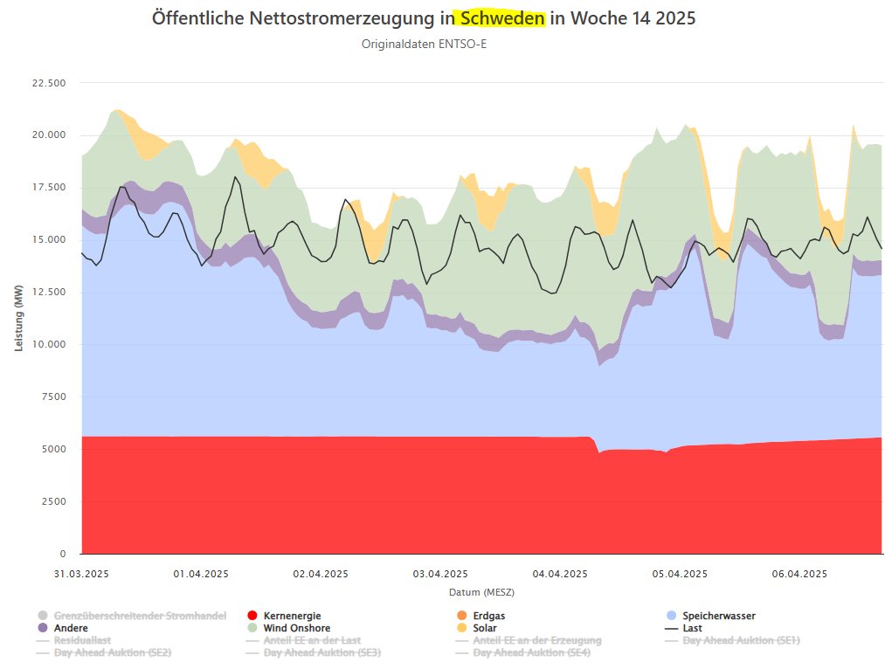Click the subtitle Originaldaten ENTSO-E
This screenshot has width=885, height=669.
pos(424,44)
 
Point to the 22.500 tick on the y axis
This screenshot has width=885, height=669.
pos(49,83)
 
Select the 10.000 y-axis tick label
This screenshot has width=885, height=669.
pos(49,344)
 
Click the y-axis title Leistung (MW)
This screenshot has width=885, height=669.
pos(19,318)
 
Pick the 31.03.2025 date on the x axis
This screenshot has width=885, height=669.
pos(80,574)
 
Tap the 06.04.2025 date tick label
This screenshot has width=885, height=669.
pos(800,574)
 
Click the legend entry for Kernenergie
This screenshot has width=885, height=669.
pos(292,616)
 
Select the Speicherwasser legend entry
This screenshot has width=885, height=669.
pos(718,616)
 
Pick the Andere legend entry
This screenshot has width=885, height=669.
pos(71,628)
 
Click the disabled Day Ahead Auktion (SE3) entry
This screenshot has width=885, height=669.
pos(322,652)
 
